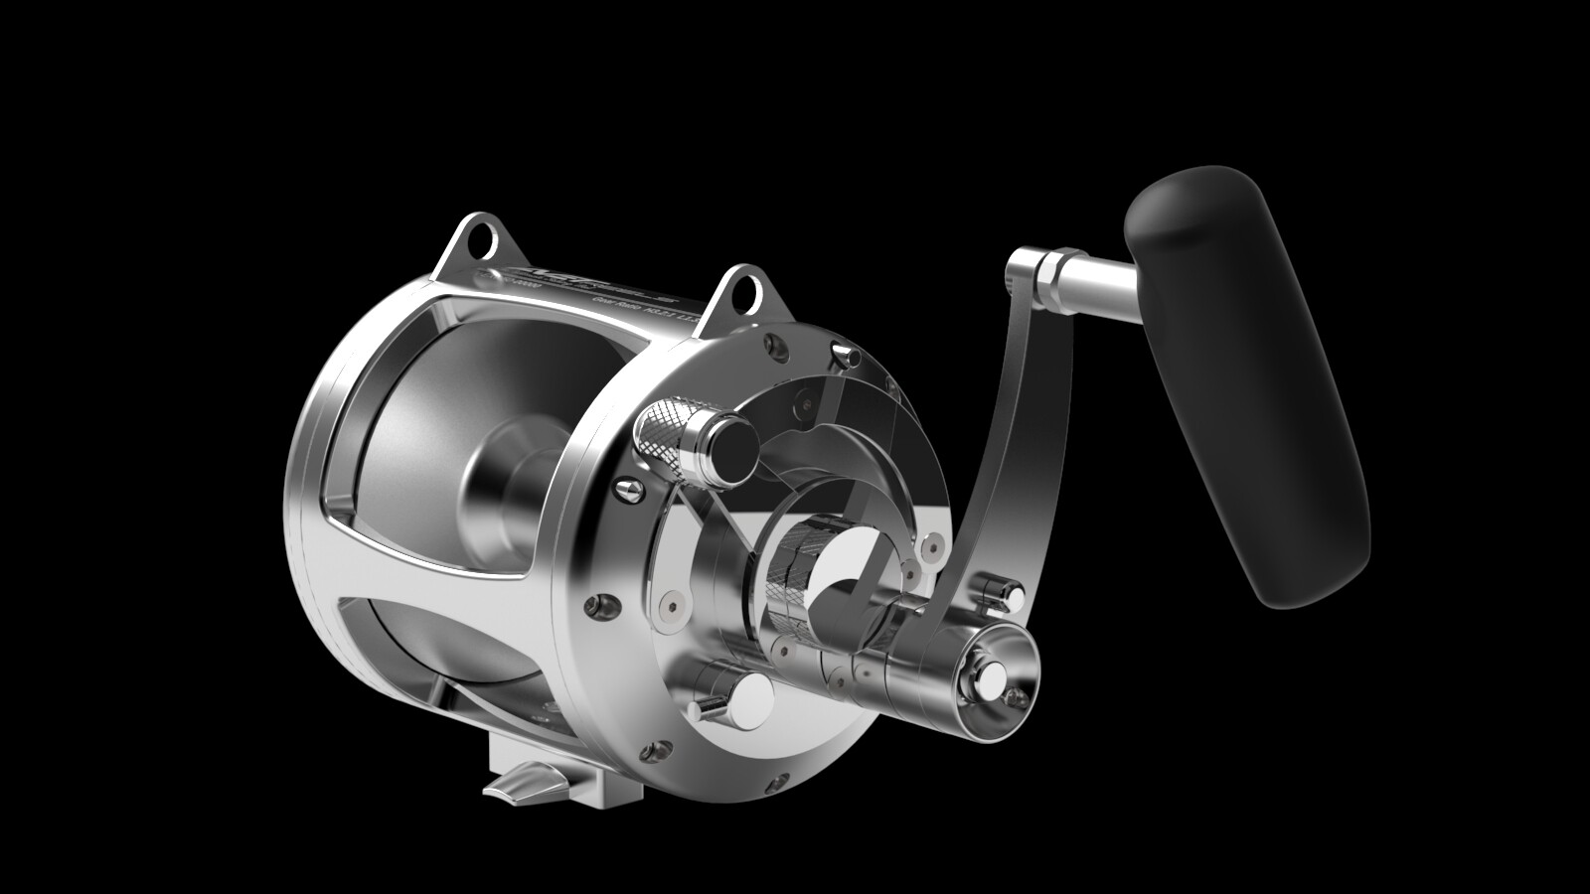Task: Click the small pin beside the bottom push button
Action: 707,706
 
